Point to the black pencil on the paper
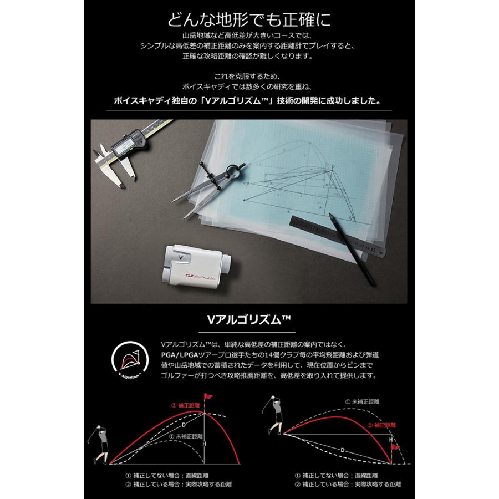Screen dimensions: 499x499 352,249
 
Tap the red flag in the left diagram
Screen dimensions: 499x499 209,398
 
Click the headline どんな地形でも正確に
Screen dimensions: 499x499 249,19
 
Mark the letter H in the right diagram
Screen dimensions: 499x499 391,439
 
